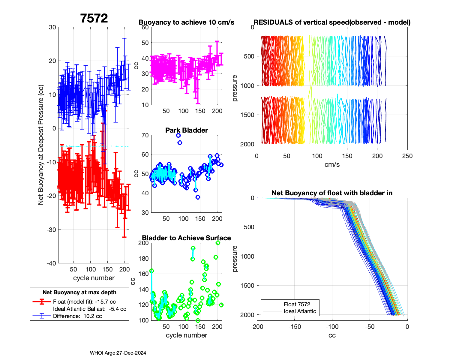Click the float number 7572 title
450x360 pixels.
click(x=94, y=19)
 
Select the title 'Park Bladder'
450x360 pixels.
click(x=186, y=130)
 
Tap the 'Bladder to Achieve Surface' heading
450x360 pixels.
click(x=186, y=238)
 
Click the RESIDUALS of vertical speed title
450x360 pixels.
click(x=332, y=22)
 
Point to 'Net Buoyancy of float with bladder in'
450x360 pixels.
click(x=332, y=193)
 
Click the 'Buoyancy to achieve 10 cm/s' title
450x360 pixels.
click(x=186, y=22)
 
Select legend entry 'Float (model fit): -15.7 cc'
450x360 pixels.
click(x=84, y=301)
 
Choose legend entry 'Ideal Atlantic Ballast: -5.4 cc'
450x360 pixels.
click(x=89, y=309)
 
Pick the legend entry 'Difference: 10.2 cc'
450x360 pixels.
click(x=77, y=316)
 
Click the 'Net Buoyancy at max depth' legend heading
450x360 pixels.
click(x=79, y=292)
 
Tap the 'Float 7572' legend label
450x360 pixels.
click(x=297, y=304)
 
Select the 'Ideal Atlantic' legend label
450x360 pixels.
click(x=300, y=311)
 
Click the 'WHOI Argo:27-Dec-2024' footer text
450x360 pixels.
click(x=118, y=353)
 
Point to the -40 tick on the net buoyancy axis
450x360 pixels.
click(x=51, y=263)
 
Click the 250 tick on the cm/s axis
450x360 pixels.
click(x=407, y=156)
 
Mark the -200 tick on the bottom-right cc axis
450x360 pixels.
click(x=257, y=326)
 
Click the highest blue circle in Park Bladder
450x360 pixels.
click(x=178, y=136)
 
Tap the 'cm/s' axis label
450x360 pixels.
click(x=332, y=164)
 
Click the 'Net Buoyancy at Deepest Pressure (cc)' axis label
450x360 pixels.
click(x=41, y=145)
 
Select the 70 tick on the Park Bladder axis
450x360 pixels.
click(x=145, y=135)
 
